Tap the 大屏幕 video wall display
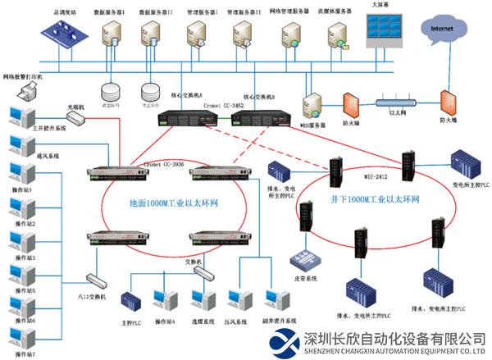click(x=382, y=33)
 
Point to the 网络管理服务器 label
click(x=288, y=12)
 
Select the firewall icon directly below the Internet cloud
click(x=447, y=103)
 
